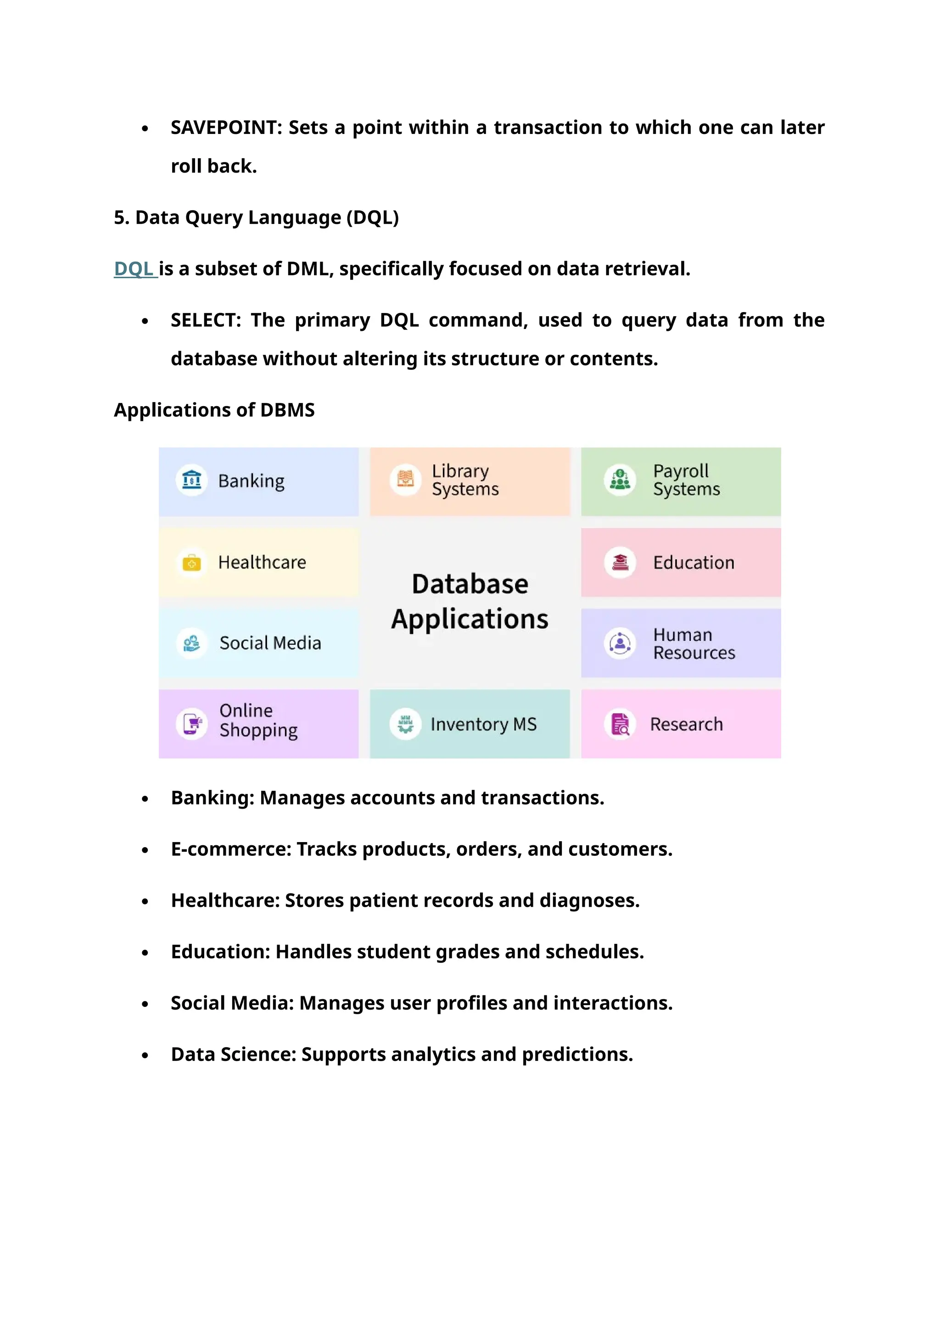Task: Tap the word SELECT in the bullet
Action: (x=205, y=320)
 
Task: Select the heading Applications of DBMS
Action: (x=214, y=410)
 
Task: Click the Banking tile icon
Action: (x=191, y=480)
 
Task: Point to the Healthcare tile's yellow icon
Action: (x=191, y=562)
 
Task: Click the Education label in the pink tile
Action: (x=694, y=563)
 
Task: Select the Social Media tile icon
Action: (x=191, y=643)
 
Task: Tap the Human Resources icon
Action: (x=620, y=643)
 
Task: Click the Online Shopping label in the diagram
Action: (x=258, y=720)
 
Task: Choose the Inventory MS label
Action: (x=483, y=724)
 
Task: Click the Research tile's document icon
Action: (x=620, y=724)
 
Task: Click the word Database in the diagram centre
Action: (x=470, y=584)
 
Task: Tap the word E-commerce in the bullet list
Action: (x=230, y=849)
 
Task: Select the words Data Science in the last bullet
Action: (x=233, y=1055)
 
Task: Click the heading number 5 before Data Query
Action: (x=119, y=218)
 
